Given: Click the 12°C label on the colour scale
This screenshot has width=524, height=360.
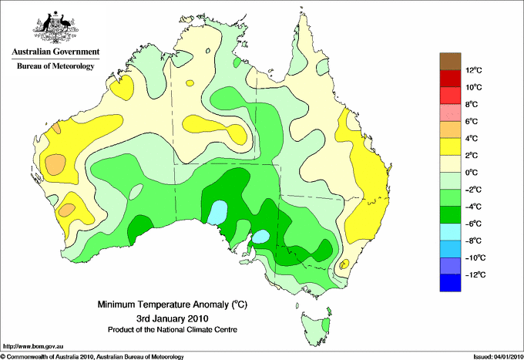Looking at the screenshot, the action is (x=474, y=70).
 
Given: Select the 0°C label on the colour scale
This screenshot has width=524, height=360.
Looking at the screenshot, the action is (x=472, y=173).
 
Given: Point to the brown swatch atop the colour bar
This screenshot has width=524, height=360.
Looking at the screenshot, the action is (x=450, y=61).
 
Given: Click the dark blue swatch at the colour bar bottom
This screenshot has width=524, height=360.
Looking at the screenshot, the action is (x=450, y=283).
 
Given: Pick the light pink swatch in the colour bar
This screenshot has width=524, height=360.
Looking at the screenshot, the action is (x=450, y=113).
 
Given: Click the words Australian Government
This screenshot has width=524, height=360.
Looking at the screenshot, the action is (x=55, y=52).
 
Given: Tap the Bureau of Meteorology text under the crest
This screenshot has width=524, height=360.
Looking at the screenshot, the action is (x=55, y=66).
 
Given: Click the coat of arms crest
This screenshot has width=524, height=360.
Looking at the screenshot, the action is (x=55, y=27).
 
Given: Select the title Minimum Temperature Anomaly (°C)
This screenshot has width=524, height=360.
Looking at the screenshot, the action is (x=172, y=304).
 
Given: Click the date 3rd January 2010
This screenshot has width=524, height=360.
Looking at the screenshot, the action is (x=172, y=318).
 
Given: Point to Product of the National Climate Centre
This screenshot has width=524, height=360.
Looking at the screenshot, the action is (x=173, y=330).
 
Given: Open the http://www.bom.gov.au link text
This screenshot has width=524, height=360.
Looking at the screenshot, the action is (x=32, y=347).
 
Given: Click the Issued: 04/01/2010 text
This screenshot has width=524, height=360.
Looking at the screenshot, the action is (x=498, y=357).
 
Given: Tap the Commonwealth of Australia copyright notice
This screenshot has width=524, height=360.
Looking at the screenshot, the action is (x=92, y=357).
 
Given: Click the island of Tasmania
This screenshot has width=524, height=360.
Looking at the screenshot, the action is (x=316, y=328).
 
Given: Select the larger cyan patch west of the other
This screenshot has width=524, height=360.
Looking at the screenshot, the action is (x=217, y=211).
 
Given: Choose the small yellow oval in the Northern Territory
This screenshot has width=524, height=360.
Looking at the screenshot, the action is (x=190, y=83).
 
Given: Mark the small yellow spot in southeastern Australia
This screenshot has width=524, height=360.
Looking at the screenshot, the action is (x=344, y=264).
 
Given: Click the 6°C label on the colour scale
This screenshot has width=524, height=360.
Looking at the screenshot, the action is (x=472, y=121).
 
